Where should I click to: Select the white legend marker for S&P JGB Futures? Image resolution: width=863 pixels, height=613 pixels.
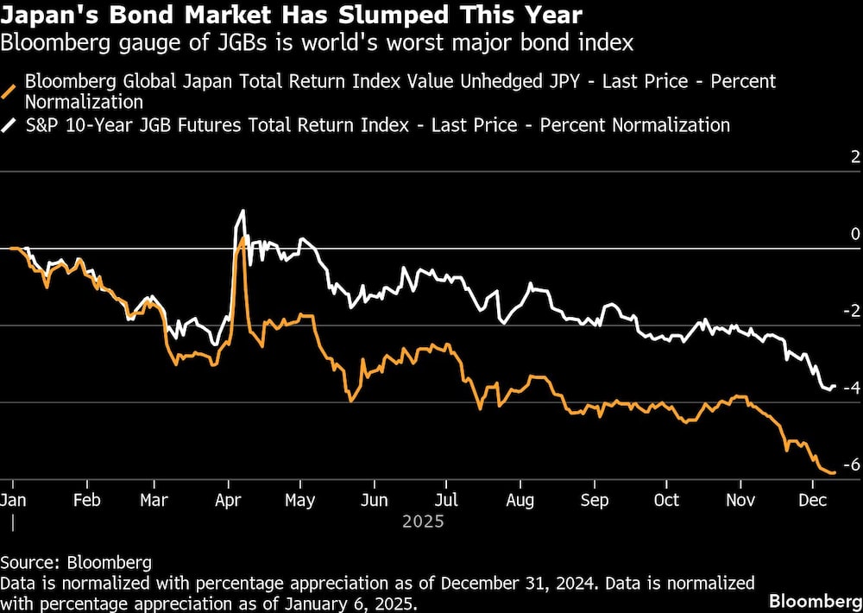click(x=13, y=125)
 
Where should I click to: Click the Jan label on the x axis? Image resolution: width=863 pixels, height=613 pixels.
click(x=13, y=500)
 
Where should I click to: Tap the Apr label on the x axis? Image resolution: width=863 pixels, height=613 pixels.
click(x=228, y=500)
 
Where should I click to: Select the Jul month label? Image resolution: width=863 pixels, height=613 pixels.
click(x=446, y=500)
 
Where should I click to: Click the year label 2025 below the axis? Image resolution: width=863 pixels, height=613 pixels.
click(x=423, y=521)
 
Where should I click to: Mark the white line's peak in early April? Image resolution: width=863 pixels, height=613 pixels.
click(x=243, y=211)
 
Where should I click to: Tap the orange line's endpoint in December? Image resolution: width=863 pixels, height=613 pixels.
click(x=834, y=472)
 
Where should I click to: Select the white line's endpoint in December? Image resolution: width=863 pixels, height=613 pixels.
click(x=834, y=386)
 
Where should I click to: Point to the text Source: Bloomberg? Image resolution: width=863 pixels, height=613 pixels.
click(x=76, y=562)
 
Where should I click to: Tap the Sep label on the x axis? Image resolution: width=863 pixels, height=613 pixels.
click(x=594, y=500)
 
